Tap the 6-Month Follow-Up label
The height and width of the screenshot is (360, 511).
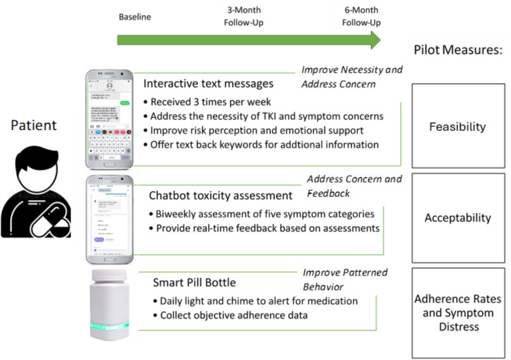pos(361,16)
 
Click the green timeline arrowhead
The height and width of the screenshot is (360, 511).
pos(372,42)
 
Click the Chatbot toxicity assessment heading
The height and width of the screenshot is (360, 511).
pos(220,195)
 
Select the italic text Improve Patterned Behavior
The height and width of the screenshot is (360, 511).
pos(344,278)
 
